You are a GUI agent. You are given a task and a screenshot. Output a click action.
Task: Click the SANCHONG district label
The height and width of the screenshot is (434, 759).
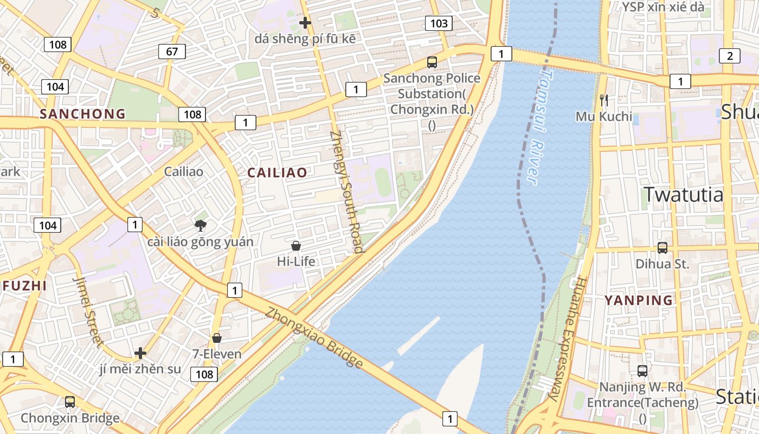[x=82, y=114]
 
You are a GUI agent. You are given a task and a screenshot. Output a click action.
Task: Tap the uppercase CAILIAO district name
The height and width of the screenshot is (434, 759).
[x=277, y=173]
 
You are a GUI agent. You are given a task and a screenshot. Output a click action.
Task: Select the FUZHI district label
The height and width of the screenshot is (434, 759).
[x=23, y=286]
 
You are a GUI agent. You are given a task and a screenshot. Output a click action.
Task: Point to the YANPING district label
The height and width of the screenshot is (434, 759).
[x=638, y=300]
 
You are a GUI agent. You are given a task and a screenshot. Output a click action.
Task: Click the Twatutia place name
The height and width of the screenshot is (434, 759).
[x=683, y=194]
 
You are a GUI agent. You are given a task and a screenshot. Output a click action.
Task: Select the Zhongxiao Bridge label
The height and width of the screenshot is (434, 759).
[x=314, y=338]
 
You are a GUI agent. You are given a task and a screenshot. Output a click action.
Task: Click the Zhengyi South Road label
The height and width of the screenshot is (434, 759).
[x=345, y=193]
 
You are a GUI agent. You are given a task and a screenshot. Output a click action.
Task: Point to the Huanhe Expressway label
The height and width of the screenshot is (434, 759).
[x=567, y=339]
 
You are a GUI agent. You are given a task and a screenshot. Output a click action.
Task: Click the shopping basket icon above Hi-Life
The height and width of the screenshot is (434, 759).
[x=296, y=246]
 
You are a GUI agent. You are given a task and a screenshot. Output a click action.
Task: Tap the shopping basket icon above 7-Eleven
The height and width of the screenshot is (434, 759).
[x=217, y=338]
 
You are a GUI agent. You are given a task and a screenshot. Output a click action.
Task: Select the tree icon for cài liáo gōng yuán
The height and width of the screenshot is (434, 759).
[x=201, y=225]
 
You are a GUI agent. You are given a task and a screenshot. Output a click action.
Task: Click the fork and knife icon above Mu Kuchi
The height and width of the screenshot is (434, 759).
[x=604, y=100]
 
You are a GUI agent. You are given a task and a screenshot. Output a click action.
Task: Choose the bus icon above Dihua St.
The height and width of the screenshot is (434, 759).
[x=662, y=248]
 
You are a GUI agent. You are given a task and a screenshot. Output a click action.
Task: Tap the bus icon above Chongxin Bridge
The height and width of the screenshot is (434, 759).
[x=70, y=402]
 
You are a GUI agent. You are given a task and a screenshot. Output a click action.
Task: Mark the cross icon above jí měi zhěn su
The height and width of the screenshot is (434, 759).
[x=140, y=353]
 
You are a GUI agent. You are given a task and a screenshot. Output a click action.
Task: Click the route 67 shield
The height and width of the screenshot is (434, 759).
[x=172, y=52]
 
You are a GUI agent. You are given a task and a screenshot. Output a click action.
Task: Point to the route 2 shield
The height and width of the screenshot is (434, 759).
[x=729, y=55]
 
